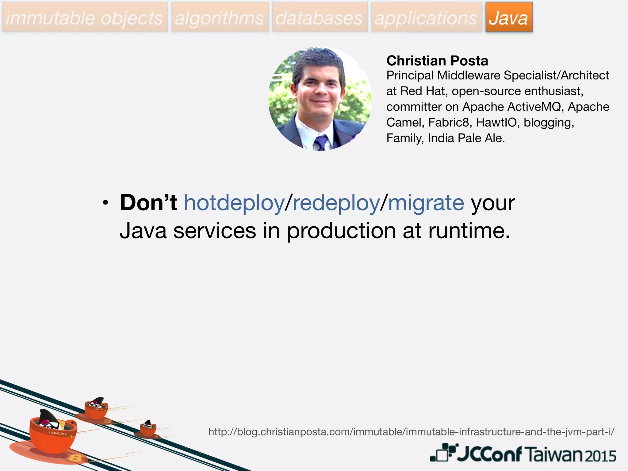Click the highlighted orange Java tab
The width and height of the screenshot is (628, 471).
(x=509, y=17)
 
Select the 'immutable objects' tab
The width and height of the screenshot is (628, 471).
(x=85, y=17)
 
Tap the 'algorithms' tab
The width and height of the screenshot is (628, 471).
(x=220, y=17)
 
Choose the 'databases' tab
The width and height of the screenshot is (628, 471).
(x=320, y=17)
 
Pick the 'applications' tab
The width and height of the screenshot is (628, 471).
(x=426, y=17)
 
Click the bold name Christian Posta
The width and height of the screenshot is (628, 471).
(x=437, y=61)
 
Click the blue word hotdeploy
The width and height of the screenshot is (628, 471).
(x=234, y=203)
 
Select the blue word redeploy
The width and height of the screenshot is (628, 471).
(x=336, y=203)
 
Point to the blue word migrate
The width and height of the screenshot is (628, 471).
(x=426, y=203)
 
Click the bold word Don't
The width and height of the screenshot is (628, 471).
(x=148, y=203)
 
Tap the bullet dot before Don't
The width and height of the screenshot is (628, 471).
(x=105, y=203)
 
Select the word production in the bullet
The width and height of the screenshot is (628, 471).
(x=341, y=231)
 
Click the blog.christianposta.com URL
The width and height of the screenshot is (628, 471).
(x=411, y=432)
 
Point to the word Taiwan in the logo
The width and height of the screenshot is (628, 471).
(x=553, y=454)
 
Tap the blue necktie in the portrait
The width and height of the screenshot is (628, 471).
(x=321, y=142)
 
